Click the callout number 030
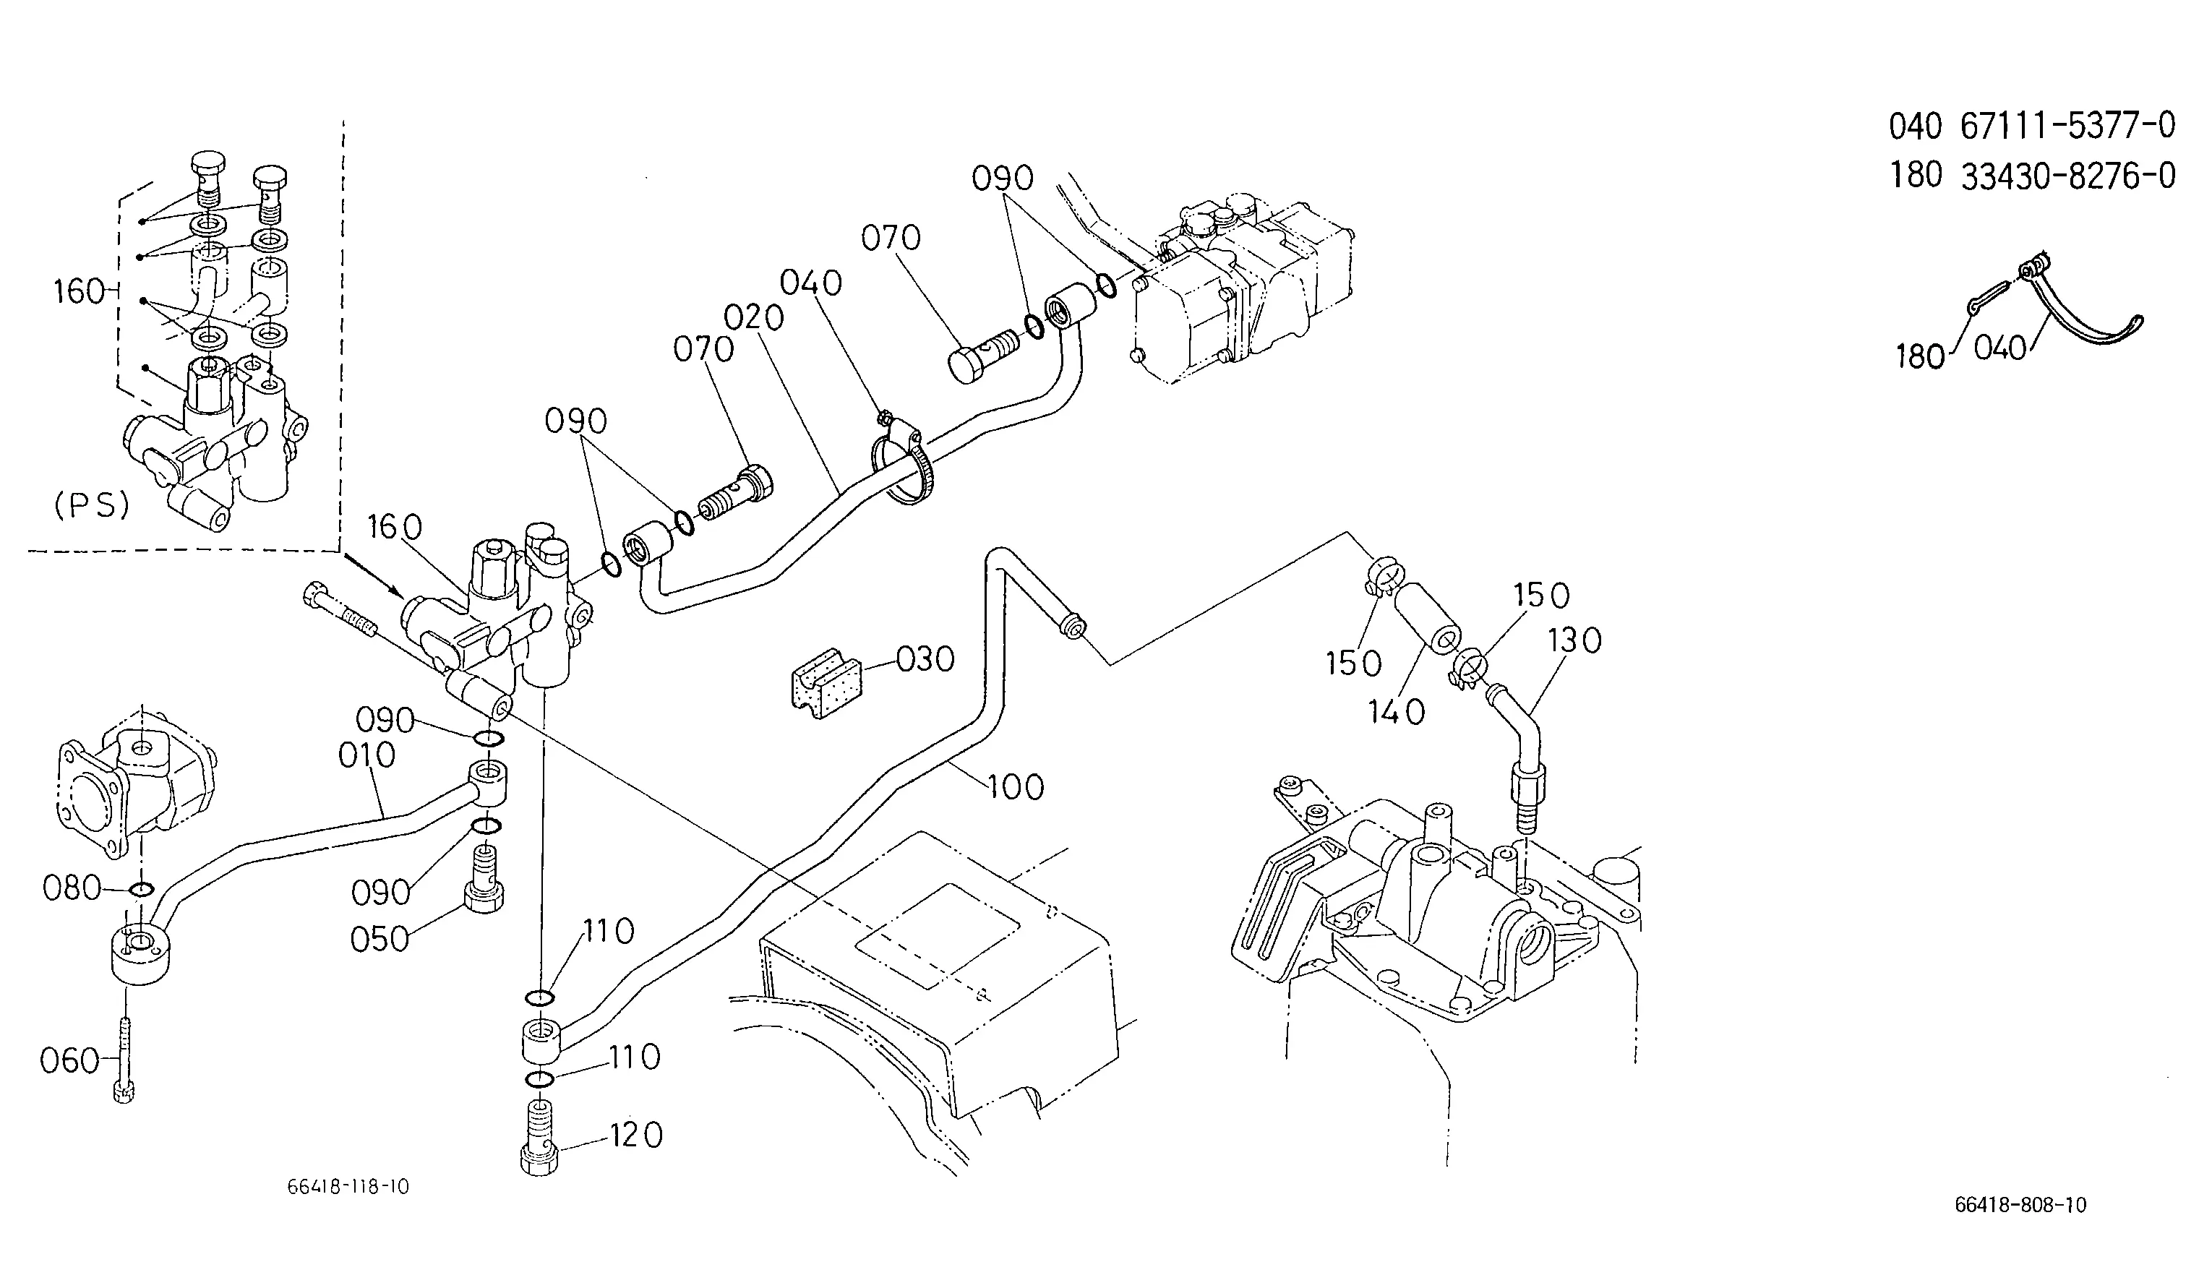point(925,659)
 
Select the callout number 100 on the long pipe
point(1016,787)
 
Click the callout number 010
point(367,755)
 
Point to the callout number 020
point(754,317)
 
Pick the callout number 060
point(69,1061)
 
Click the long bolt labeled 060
point(124,1060)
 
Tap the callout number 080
point(72,889)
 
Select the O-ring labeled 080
point(141,890)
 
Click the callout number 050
point(380,940)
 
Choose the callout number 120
point(635,1136)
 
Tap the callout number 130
point(1574,641)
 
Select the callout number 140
point(1397,713)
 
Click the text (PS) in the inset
point(92,505)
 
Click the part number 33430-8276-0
point(2067,177)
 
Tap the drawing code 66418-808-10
point(2020,1206)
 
